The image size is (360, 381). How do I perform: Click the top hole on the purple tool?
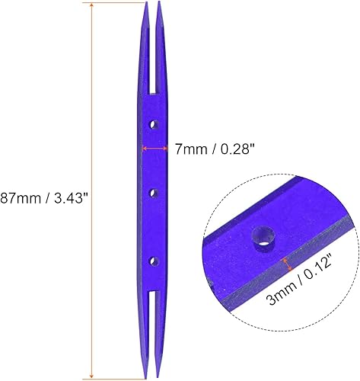153,123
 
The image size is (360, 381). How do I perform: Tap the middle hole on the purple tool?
153,192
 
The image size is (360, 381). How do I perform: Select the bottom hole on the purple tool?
153,261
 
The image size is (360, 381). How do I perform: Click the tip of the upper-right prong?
160,4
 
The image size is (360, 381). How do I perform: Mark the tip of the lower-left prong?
146,375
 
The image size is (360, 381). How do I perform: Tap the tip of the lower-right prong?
161,375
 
